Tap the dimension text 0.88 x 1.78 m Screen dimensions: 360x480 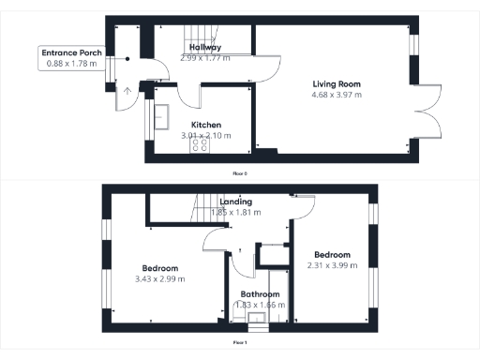[72, 64]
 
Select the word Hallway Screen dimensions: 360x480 [205, 47]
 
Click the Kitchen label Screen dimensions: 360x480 [206, 124]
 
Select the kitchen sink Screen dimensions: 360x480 [161, 116]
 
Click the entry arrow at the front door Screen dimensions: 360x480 [127, 92]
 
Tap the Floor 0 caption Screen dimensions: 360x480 [241, 173]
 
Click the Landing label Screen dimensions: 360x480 [235, 202]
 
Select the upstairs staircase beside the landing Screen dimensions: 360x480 [206, 206]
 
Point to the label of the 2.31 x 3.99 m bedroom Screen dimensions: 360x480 [332, 255]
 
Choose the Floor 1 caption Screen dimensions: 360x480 [241, 342]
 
